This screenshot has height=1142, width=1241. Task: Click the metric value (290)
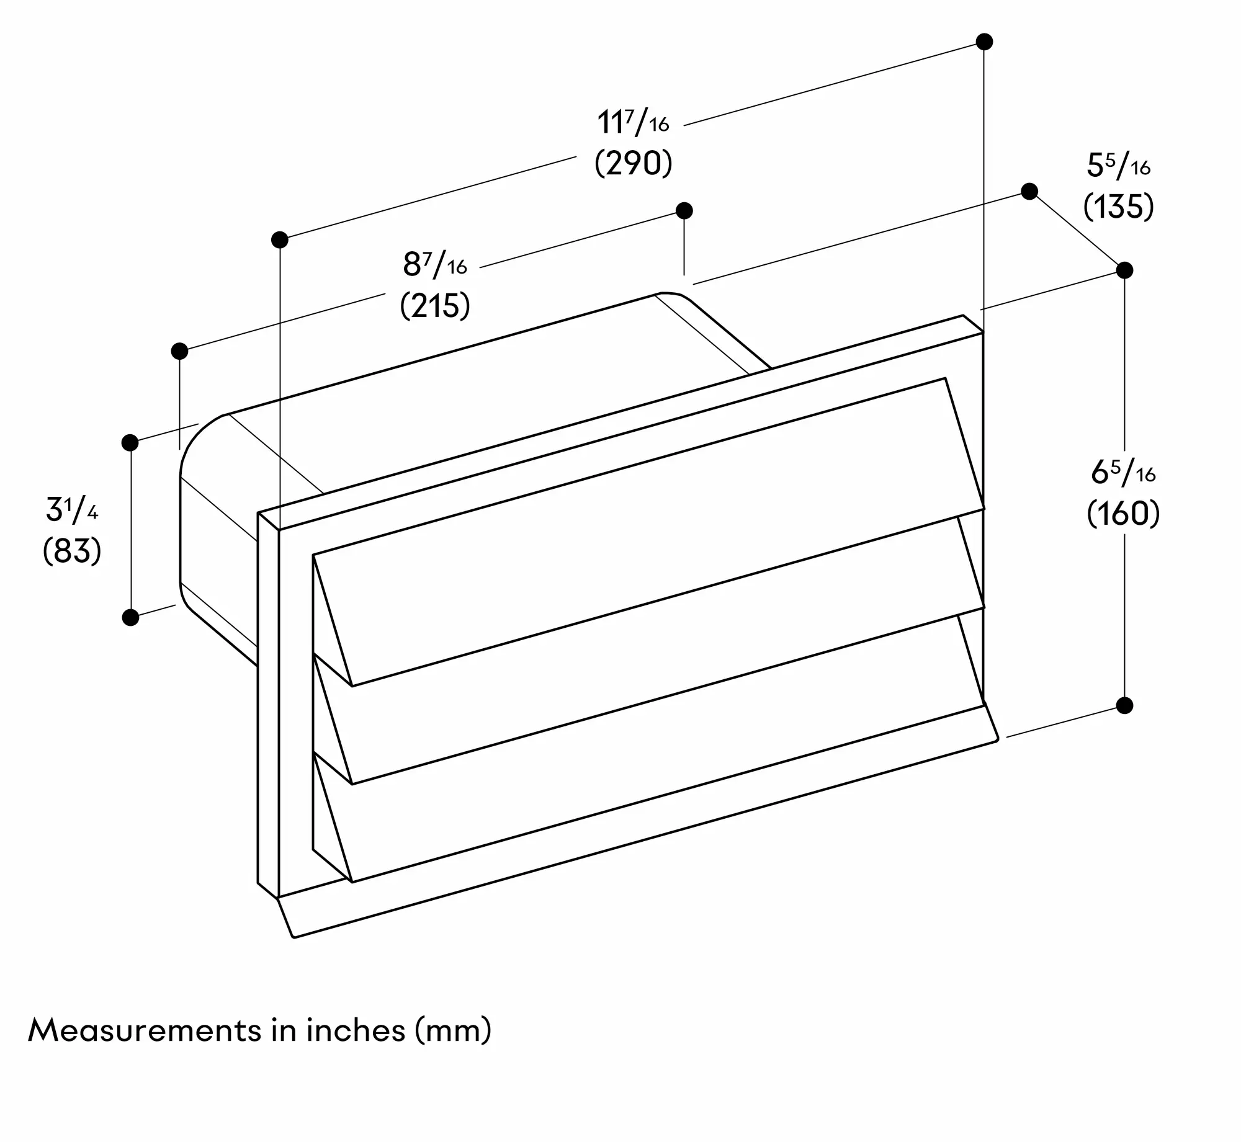(634, 164)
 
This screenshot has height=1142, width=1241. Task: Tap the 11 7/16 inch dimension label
(634, 122)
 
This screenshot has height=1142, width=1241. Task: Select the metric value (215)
(435, 305)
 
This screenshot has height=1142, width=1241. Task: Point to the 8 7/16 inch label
(435, 264)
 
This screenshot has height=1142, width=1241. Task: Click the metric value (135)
(1119, 206)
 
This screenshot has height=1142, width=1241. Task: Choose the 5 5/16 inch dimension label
(1119, 166)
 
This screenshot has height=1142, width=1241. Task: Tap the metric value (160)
(1123, 514)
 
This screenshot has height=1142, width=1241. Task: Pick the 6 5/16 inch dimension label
(1123, 473)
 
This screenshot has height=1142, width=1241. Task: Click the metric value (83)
(72, 550)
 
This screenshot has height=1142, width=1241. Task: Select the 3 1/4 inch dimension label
(72, 510)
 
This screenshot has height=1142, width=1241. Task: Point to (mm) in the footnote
(453, 1031)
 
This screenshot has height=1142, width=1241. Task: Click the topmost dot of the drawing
(984, 42)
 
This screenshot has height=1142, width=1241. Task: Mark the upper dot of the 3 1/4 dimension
(130, 442)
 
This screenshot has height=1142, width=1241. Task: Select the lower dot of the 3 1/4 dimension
(130, 617)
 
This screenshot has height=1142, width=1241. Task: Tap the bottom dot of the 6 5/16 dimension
(1124, 705)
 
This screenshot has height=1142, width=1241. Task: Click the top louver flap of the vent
(648, 532)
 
